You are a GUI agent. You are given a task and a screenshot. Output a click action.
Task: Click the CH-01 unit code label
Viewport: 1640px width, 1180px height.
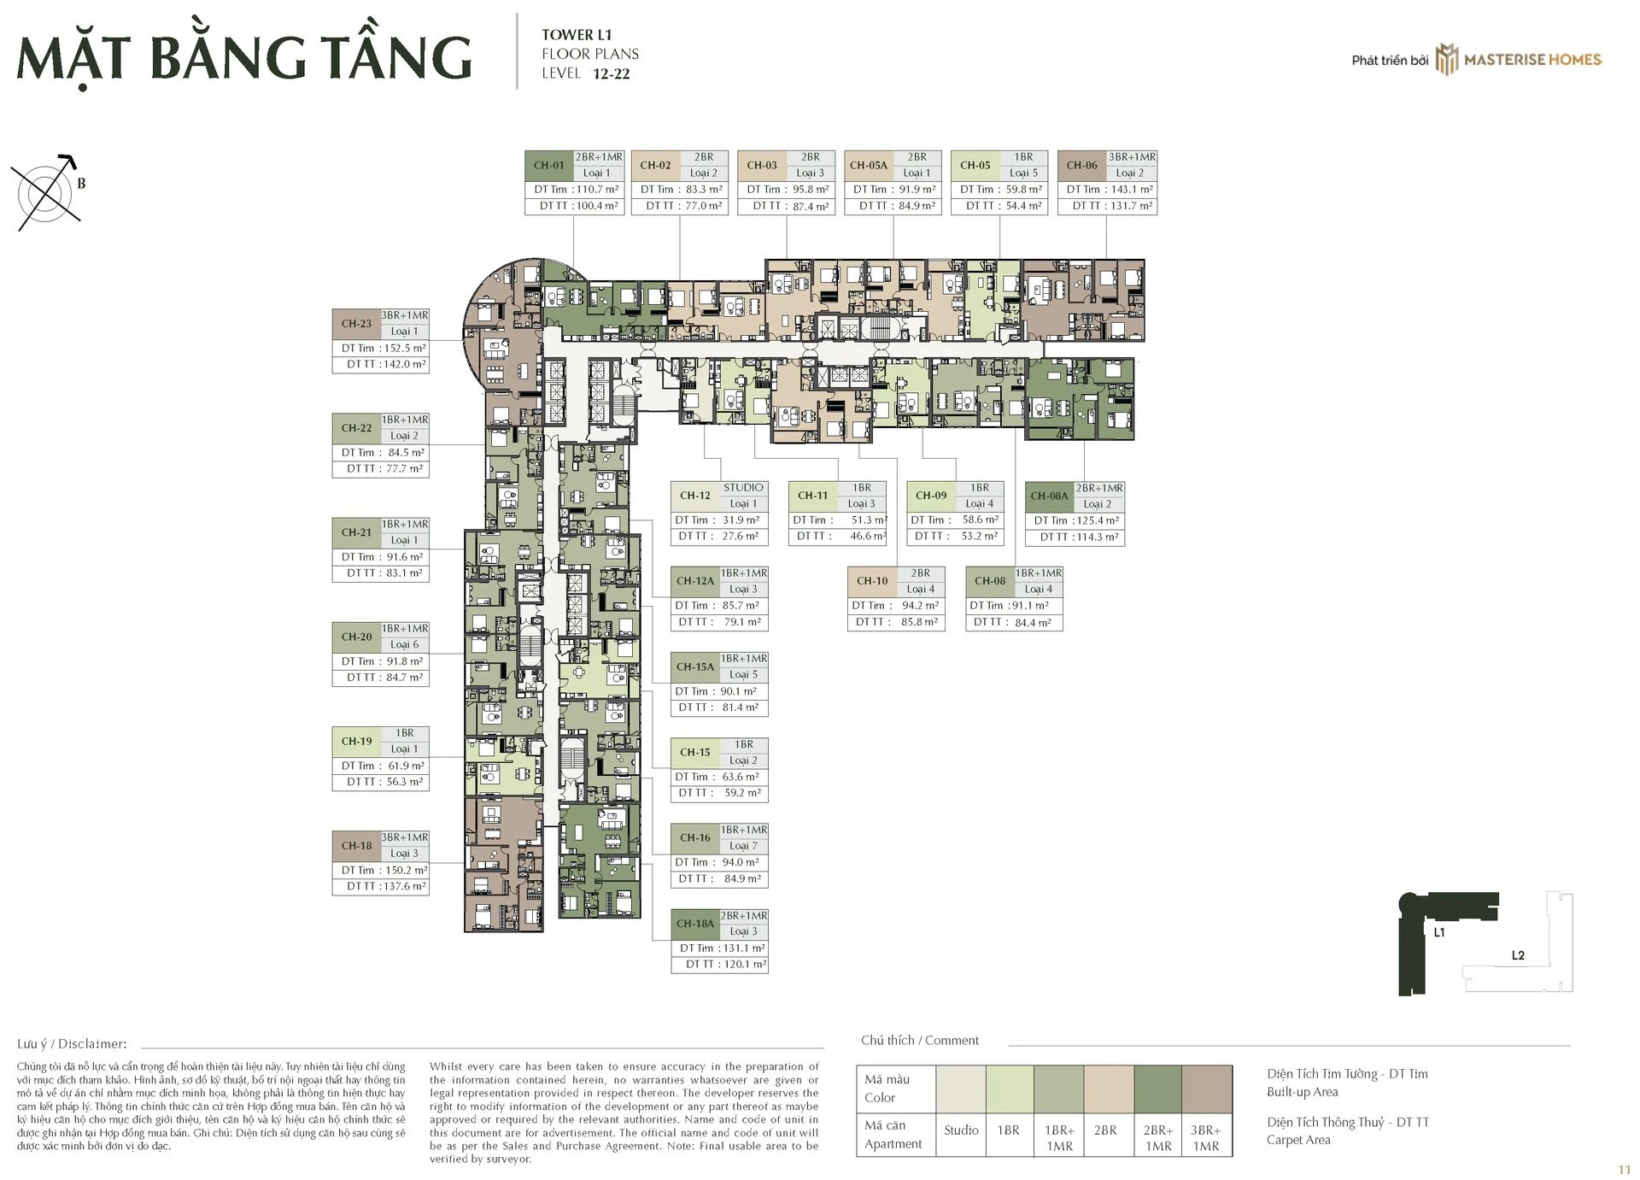point(548,166)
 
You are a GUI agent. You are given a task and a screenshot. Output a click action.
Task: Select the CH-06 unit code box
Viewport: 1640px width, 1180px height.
point(1082,166)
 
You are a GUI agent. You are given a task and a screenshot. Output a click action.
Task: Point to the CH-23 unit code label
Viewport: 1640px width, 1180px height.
point(356,324)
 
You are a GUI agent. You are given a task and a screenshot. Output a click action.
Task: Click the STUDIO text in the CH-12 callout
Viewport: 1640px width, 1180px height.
point(743,488)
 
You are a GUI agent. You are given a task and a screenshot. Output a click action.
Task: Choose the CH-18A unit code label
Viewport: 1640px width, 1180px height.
point(695,924)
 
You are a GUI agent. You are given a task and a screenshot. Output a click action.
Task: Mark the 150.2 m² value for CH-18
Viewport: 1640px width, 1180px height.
point(406,870)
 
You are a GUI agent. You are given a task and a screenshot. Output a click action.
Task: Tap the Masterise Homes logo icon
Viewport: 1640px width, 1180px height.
point(1446,59)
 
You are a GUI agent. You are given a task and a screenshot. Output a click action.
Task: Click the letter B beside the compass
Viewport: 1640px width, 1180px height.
point(81,183)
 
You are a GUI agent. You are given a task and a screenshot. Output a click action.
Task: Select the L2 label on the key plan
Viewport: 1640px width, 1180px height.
point(1518,955)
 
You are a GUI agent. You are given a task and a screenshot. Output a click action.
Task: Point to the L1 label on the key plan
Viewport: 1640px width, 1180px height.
point(1439,932)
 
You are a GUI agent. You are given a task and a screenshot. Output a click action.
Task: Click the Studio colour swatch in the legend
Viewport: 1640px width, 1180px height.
point(961,1089)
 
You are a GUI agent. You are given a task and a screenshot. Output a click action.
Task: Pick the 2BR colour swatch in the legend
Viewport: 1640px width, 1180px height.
point(1109,1089)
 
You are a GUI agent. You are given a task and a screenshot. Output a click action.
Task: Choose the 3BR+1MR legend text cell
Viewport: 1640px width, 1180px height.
point(1206,1137)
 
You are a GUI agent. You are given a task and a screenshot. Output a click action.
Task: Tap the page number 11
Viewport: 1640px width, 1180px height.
point(1624,1170)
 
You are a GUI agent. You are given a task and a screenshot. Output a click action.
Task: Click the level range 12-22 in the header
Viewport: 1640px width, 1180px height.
point(611,74)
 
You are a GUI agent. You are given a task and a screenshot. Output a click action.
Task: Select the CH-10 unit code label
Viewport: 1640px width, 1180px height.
point(872,581)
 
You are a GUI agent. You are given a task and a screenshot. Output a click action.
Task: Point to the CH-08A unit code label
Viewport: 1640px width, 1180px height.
point(1049,496)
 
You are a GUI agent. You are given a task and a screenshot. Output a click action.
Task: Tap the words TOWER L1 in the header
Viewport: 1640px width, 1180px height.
point(577,35)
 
